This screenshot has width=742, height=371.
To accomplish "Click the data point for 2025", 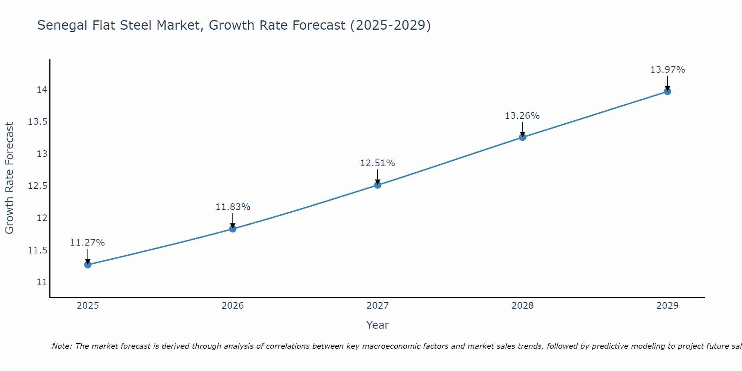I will pyautogui.click(x=88, y=265).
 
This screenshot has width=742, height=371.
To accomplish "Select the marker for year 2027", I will pyautogui.click(x=378, y=185).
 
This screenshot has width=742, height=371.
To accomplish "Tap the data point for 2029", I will pyautogui.click(x=667, y=91).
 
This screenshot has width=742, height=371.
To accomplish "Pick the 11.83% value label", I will pyautogui.click(x=233, y=207).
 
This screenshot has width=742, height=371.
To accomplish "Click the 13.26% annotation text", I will pyautogui.click(x=522, y=116).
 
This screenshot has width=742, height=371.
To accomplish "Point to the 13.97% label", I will pyautogui.click(x=667, y=70).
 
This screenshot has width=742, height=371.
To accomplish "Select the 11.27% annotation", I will pyautogui.click(x=88, y=243).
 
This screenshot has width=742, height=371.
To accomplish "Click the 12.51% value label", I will pyautogui.click(x=377, y=163).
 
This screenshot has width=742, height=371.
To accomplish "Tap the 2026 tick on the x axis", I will pyautogui.click(x=233, y=306).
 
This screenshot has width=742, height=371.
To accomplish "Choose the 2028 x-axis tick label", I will pyautogui.click(x=522, y=306).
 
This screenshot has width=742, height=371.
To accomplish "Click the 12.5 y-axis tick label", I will pyautogui.click(x=38, y=186).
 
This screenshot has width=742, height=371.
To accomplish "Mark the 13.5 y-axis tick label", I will pyautogui.click(x=38, y=122).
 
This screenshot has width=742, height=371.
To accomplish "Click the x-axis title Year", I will pyautogui.click(x=377, y=325).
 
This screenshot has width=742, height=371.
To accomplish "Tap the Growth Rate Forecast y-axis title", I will pyautogui.click(x=9, y=178).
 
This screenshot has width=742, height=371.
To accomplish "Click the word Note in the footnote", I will pyautogui.click(x=62, y=346).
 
